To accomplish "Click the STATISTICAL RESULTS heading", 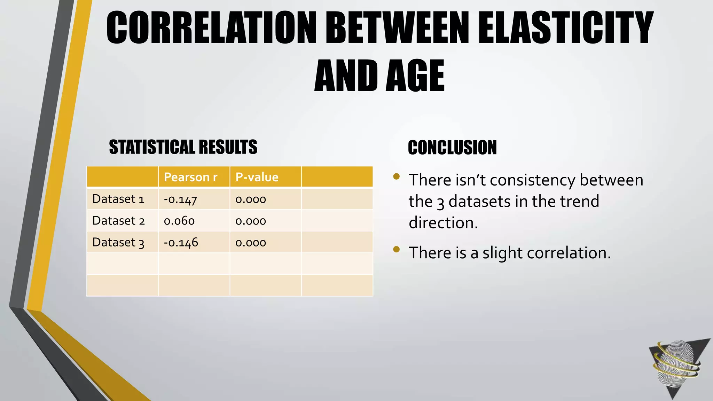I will tap(183, 147).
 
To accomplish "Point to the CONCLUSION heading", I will tap(452, 148).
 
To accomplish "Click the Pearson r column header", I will tap(190, 177).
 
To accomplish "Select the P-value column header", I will tap(257, 177).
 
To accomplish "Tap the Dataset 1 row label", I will tap(118, 199).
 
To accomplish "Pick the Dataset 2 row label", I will tap(118, 221).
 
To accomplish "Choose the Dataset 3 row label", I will tap(118, 242).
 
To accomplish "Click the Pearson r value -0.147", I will tap(180, 199).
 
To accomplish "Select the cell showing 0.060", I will tap(179, 221).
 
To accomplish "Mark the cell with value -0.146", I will tap(181, 242).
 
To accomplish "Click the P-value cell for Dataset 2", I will tap(251, 221).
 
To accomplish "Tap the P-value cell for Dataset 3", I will tap(251, 243).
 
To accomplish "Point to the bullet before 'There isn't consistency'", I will tap(396, 176).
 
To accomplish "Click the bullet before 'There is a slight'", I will tap(396, 249).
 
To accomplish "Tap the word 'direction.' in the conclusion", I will tap(443, 223).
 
